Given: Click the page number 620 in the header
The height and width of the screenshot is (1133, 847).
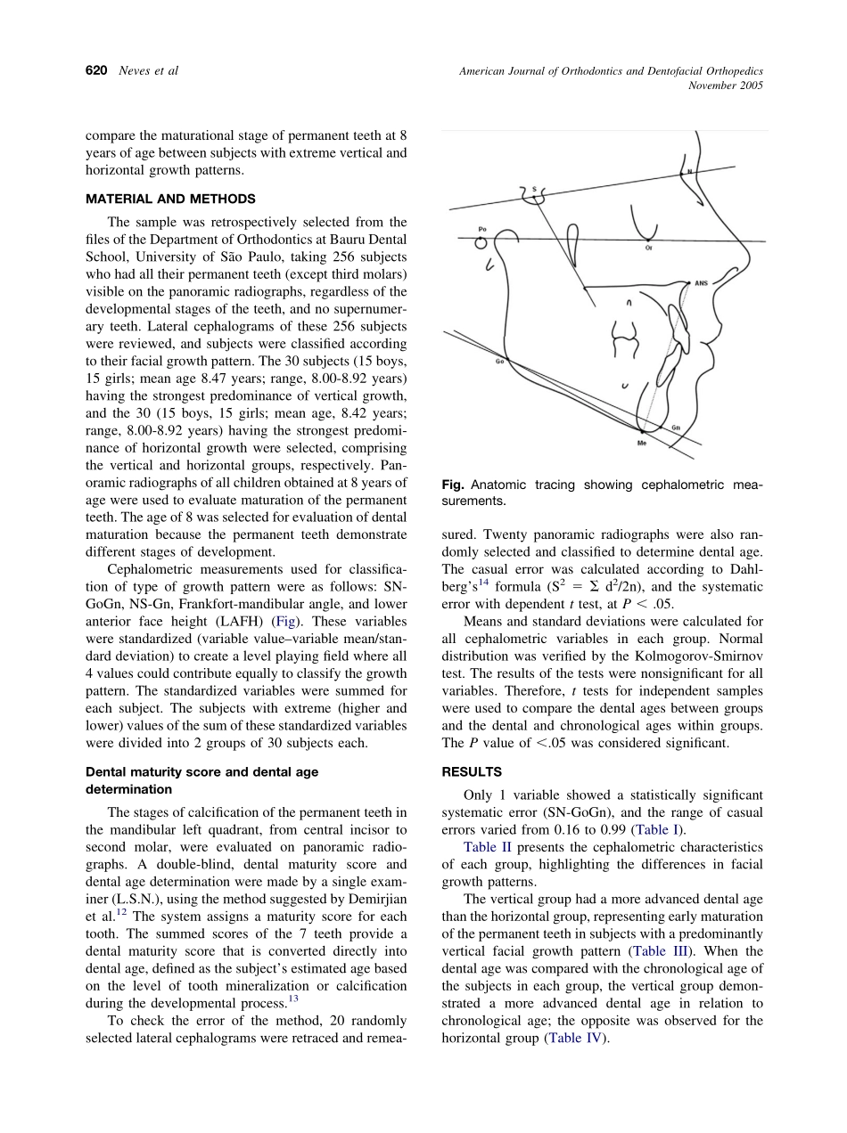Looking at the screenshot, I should (96, 71).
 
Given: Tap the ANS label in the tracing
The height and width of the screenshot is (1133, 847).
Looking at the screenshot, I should (701, 283).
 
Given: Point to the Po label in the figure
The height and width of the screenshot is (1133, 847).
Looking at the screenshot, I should (482, 229).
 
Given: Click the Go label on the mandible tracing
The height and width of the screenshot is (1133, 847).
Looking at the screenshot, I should (499, 362).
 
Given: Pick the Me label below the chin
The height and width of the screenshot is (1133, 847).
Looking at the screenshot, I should (642, 443).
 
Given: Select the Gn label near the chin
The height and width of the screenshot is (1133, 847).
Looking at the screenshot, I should (676, 428).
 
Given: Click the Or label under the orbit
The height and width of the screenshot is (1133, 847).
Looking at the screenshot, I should (648, 249).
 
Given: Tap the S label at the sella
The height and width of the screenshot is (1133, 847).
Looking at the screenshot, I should (533, 189).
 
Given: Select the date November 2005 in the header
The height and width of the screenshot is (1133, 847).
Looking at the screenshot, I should (726, 86).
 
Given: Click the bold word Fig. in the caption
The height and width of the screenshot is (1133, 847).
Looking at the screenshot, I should (453, 485).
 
